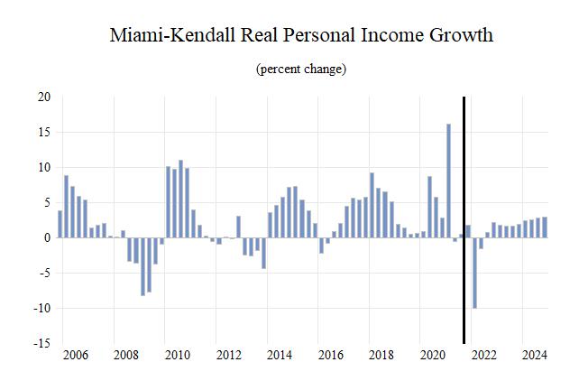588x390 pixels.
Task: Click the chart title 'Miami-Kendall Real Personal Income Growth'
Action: (x=301, y=37)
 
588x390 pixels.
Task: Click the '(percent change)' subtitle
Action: (x=301, y=70)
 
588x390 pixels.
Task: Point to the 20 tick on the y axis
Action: (x=43, y=97)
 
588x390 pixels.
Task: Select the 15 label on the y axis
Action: (x=43, y=133)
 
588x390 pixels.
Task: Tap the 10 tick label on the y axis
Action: (x=43, y=168)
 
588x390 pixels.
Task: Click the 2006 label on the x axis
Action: (x=75, y=355)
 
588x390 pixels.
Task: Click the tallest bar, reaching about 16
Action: (x=448, y=181)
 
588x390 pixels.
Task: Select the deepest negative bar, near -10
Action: (x=474, y=273)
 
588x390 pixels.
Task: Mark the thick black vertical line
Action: (x=464, y=220)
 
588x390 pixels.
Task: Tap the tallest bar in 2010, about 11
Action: (x=180, y=199)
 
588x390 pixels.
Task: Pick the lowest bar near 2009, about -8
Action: (x=142, y=266)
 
